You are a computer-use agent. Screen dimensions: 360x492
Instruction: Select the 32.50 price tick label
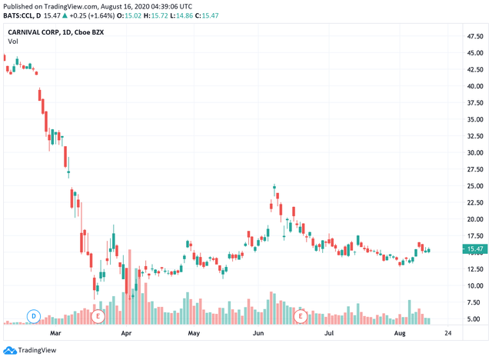[474, 135]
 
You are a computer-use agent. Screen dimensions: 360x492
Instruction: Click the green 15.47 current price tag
[474, 249]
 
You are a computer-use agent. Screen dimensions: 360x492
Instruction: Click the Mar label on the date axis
[55, 335]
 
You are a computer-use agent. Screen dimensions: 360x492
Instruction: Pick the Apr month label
[126, 335]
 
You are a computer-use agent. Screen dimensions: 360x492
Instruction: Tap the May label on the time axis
[194, 335]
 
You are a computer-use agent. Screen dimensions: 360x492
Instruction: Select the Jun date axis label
[258, 335]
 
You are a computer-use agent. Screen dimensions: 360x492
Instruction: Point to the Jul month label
[328, 335]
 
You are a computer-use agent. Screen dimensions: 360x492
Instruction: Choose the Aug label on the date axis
[399, 335]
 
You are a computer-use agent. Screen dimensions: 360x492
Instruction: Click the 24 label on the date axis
[448, 335]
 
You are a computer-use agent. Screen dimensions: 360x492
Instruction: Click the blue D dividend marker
[34, 315]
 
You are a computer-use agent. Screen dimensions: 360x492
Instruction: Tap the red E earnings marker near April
[98, 315]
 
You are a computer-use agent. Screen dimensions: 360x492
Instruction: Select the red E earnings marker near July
[301, 315]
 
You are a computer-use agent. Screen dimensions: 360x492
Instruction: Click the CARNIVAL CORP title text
[38, 33]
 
